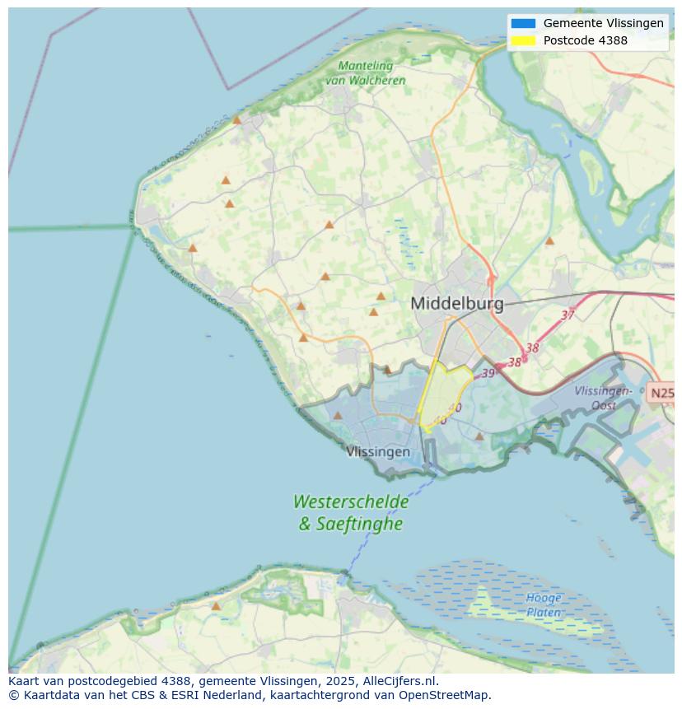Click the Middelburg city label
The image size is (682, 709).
click(x=457, y=303)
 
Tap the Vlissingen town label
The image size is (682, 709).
click(x=378, y=451)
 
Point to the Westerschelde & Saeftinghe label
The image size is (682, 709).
click(x=351, y=512)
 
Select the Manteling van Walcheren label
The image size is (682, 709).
click(x=365, y=73)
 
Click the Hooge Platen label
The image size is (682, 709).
click(x=544, y=605)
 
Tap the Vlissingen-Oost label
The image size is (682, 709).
click(x=604, y=398)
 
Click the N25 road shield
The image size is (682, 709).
click(x=661, y=393)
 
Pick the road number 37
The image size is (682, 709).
click(x=568, y=315)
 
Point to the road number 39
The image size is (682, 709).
click(x=488, y=373)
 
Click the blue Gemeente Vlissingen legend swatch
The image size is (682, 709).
click(x=523, y=24)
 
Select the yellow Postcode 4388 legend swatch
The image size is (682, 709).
click(x=523, y=40)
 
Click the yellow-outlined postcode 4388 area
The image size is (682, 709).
click(x=445, y=391)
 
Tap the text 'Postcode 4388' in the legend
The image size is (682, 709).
click(x=585, y=40)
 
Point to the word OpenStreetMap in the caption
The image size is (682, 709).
click(x=445, y=695)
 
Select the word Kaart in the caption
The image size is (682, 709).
click(x=25, y=681)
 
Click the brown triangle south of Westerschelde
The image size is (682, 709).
click(x=216, y=606)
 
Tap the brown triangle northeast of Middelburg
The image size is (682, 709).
click(x=549, y=241)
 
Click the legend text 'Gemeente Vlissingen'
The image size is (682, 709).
click(x=603, y=24)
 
